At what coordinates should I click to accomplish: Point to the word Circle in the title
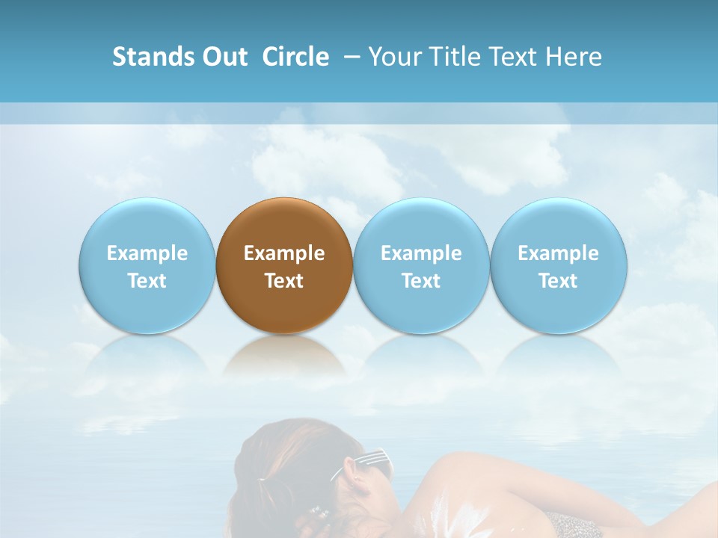(x=295, y=57)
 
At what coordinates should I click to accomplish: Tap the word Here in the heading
(x=574, y=57)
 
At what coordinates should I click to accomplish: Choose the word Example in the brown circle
(x=284, y=253)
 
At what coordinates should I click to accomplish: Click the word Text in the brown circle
(x=284, y=281)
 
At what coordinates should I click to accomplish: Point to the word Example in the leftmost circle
(x=147, y=253)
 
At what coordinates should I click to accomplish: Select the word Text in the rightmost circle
(x=559, y=281)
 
